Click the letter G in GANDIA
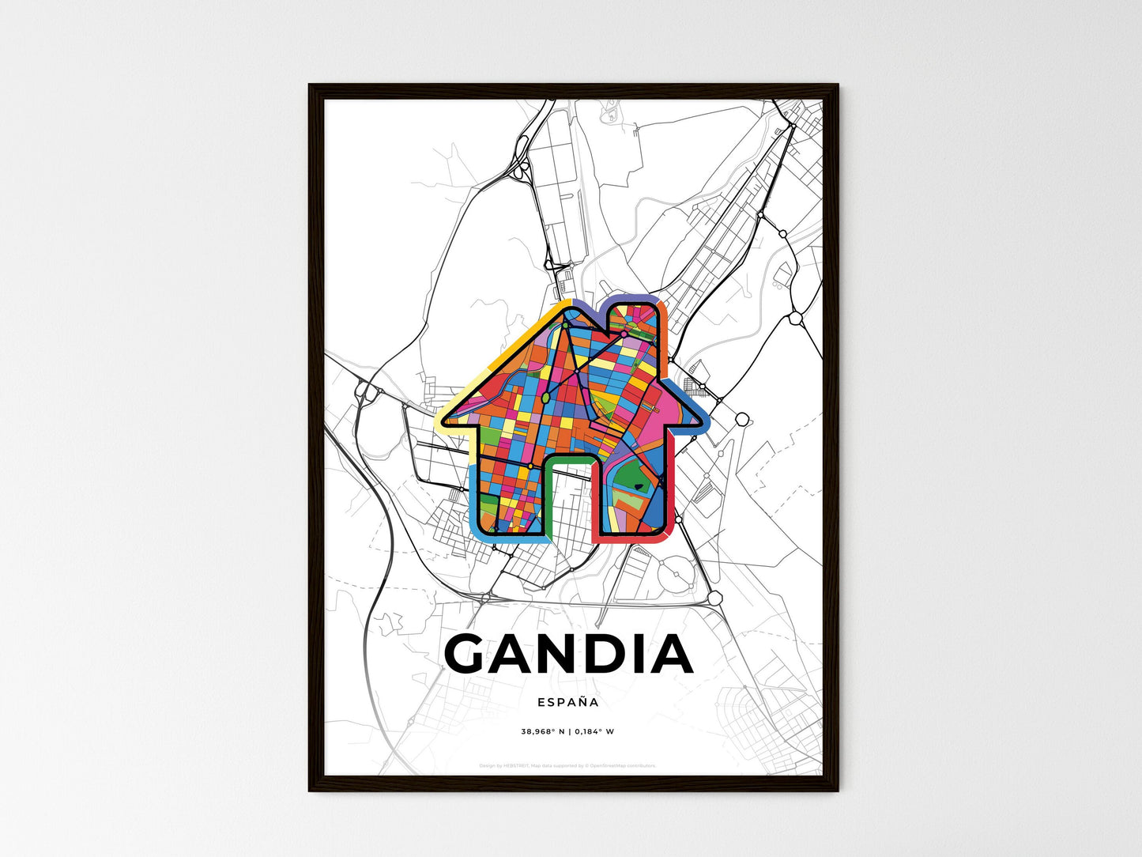(472, 654)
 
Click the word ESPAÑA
(567, 702)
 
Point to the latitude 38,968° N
(542, 731)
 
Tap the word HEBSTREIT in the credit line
(516, 766)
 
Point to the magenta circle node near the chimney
(624, 334)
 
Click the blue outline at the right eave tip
(700, 418)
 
